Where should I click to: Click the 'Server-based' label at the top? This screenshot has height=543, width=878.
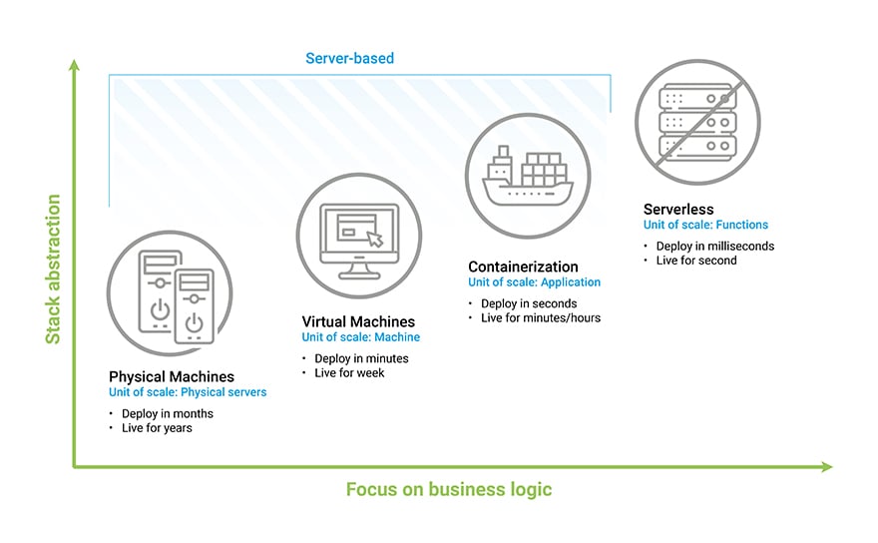(349, 58)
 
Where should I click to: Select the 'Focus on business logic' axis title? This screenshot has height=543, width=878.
(448, 489)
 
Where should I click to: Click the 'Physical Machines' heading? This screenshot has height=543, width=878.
(172, 376)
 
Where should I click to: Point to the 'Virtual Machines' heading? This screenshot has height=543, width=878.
(358, 321)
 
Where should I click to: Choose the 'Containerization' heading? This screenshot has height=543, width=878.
(523, 267)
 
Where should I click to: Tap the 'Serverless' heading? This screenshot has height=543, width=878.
(678, 210)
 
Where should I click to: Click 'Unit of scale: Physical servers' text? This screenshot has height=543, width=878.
(188, 392)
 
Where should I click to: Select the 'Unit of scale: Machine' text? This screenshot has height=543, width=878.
(361, 337)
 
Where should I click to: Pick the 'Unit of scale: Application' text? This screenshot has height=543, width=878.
(535, 282)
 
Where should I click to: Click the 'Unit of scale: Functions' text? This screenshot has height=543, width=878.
(705, 226)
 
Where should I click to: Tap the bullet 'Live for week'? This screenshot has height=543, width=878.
(349, 372)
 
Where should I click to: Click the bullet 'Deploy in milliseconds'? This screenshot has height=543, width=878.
(714, 246)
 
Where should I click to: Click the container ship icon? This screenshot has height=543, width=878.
(523, 176)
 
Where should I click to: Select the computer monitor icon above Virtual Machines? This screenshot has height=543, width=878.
(358, 236)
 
